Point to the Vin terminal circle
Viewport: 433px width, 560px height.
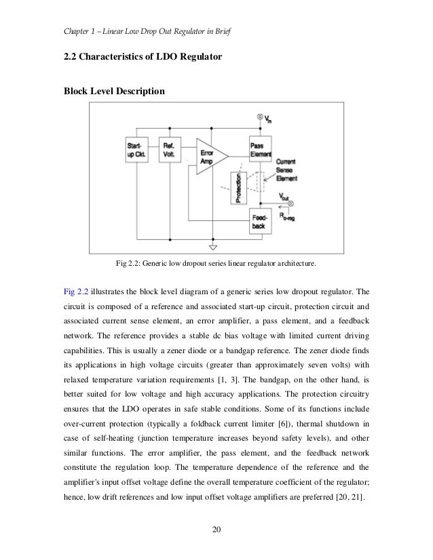(x=260, y=117)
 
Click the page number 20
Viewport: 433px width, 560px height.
(x=216, y=529)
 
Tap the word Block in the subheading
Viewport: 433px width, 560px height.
(x=77, y=89)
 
